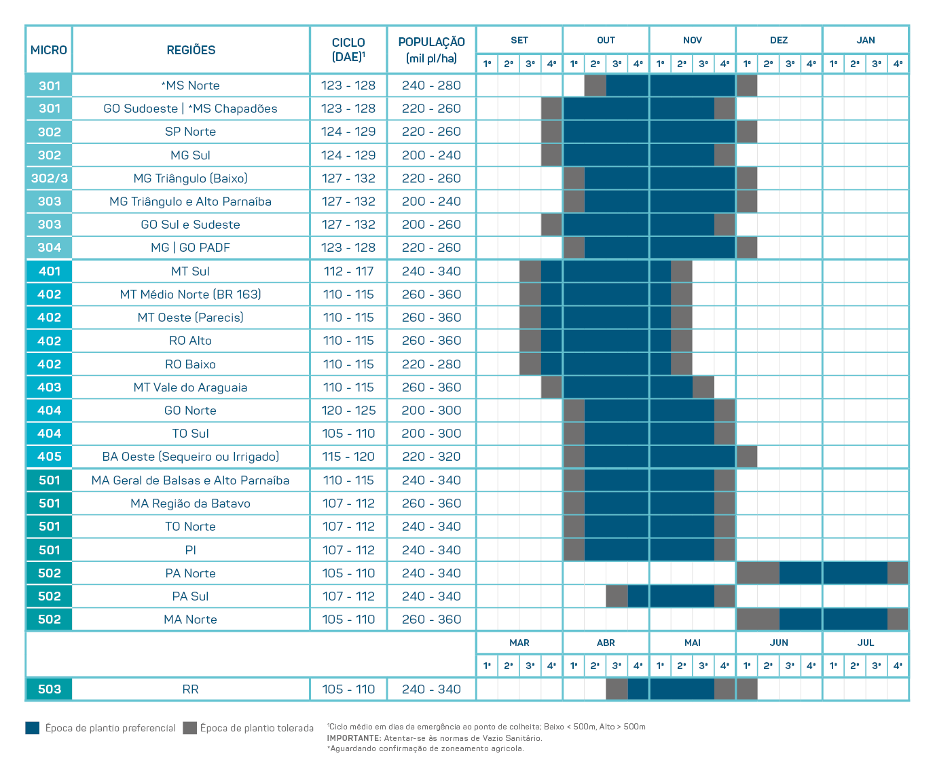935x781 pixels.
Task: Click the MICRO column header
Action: coord(49,50)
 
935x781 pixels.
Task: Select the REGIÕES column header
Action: coord(191,50)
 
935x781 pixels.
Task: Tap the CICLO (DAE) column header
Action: coord(348,50)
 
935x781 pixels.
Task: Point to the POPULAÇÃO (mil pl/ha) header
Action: coord(431,50)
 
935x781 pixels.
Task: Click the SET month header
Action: coord(519,40)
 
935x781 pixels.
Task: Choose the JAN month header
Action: coord(866,40)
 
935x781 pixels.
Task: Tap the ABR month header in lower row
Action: coord(606,643)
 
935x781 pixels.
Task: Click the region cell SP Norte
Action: coord(191,132)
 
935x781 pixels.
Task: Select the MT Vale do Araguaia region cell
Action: coord(191,387)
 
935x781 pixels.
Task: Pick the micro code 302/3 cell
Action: coord(49,178)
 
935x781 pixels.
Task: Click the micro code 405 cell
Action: coord(49,457)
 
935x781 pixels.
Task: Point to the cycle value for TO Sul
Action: coord(348,434)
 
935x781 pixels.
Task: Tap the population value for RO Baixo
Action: coord(431,364)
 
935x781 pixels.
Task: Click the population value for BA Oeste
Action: coord(431,457)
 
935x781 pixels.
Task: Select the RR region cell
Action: coord(191,689)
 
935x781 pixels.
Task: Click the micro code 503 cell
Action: coord(49,689)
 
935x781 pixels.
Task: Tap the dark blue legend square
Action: coord(33,728)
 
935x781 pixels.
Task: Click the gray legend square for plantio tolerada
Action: coord(190,728)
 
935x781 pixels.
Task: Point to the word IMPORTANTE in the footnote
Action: coord(354,738)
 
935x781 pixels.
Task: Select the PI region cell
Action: coord(191,550)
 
